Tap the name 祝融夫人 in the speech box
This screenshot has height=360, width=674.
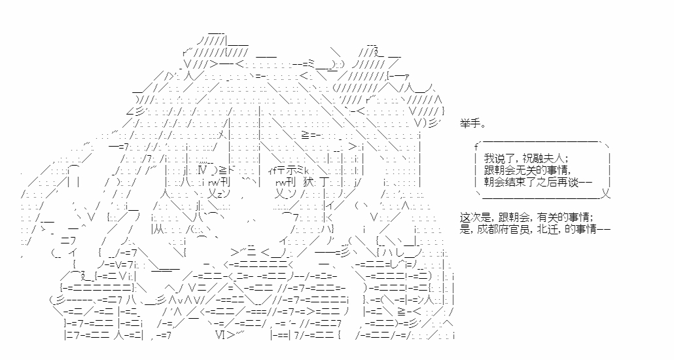[x=547, y=158]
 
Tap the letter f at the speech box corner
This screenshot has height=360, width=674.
[x=476, y=145]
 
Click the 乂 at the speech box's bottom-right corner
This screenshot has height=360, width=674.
[x=606, y=194]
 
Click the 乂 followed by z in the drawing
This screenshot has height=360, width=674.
[x=213, y=193]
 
